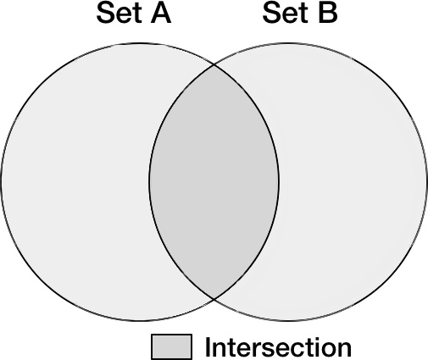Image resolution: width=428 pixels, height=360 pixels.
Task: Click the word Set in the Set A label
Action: [x=119, y=13]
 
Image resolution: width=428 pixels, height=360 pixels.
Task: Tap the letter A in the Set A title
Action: [x=161, y=14]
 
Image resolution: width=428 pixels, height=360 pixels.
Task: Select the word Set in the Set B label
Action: [x=285, y=13]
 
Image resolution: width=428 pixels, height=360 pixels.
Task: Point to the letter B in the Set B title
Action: [x=328, y=14]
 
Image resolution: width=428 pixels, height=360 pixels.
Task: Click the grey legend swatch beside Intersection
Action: [x=171, y=346]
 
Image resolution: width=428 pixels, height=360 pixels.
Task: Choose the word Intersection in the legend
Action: [x=278, y=346]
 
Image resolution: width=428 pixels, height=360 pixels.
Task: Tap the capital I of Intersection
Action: [x=208, y=346]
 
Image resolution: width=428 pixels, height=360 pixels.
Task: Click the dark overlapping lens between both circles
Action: [x=214, y=182]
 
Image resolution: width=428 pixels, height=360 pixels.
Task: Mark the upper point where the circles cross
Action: [x=214, y=65]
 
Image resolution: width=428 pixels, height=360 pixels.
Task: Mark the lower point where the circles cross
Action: [x=214, y=298]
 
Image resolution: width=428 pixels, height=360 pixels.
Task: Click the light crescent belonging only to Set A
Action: [x=75, y=182]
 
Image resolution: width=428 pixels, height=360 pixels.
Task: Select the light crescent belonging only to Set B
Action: [x=353, y=182]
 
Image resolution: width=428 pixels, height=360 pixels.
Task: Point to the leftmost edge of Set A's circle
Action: [x=1, y=182]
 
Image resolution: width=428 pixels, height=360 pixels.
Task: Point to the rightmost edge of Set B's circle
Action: [x=427, y=182]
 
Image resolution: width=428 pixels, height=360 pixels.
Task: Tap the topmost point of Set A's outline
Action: [x=140, y=43]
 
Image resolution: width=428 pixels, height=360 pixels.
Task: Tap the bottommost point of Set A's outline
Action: [x=140, y=320]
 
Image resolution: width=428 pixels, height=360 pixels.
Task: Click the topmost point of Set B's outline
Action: [x=288, y=43]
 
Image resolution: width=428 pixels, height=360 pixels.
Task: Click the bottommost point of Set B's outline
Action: [x=288, y=320]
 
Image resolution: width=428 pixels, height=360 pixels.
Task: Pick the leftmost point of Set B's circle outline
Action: [x=149, y=182]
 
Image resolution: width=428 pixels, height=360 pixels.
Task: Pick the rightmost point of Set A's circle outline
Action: [x=279, y=182]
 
